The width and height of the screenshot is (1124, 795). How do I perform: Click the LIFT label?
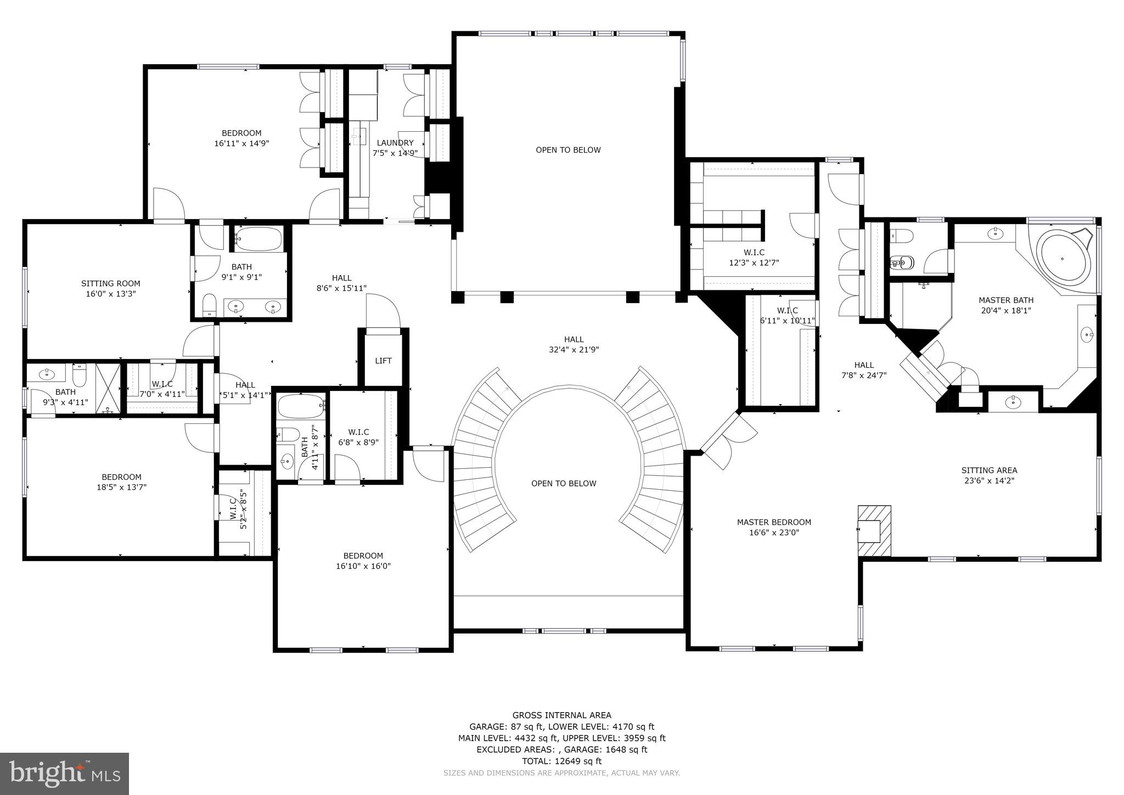(383, 361)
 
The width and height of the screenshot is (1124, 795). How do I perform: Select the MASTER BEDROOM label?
(774, 522)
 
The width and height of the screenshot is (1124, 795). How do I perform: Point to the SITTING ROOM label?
(110, 283)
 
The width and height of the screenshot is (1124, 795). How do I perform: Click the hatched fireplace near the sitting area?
(874, 531)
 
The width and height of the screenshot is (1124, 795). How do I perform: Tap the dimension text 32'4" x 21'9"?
(574, 350)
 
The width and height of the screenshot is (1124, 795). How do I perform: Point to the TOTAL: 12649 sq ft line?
(561, 761)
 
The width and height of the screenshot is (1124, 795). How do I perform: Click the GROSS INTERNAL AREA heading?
(561, 715)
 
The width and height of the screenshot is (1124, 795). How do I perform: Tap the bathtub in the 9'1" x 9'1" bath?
(258, 239)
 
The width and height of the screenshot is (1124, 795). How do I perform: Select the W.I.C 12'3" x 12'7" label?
(754, 257)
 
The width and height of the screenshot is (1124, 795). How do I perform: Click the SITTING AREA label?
(989, 470)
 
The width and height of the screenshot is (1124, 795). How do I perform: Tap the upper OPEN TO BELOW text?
(568, 150)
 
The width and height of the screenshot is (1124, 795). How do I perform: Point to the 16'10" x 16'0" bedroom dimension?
(363, 566)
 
